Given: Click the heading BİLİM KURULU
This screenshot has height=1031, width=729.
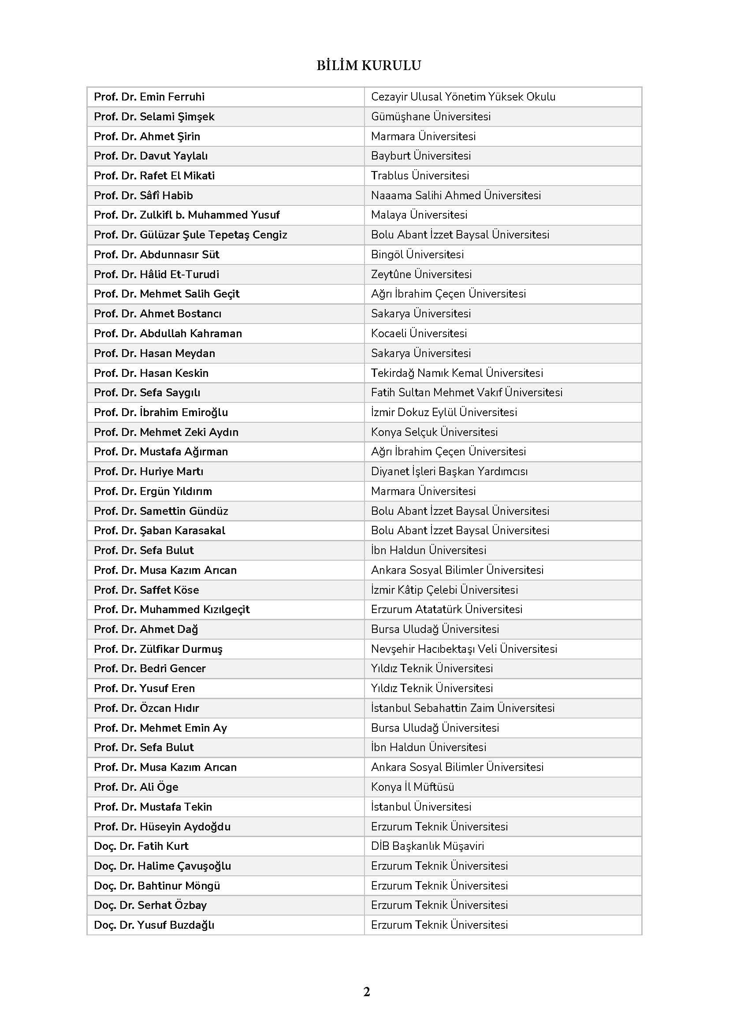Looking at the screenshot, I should pyautogui.click(x=368, y=66).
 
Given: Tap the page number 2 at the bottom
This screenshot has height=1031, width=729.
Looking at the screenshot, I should pyautogui.click(x=366, y=991).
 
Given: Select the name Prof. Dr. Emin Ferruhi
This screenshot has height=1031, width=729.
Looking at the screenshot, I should pyautogui.click(x=149, y=97).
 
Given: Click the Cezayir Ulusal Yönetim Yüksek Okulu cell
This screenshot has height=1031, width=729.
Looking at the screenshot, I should pyautogui.click(x=463, y=97).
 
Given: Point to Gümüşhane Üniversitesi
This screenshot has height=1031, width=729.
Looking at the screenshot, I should pyautogui.click(x=431, y=116).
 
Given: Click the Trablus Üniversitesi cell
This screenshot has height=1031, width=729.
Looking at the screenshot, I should pyautogui.click(x=420, y=175).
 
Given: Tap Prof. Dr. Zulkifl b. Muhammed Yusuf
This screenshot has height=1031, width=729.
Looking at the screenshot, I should pyautogui.click(x=186, y=215).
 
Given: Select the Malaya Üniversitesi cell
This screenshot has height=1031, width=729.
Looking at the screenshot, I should pyautogui.click(x=419, y=215).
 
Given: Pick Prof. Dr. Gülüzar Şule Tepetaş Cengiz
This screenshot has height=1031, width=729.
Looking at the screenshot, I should pyautogui.click(x=190, y=235).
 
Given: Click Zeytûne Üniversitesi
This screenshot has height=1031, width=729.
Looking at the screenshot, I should pyautogui.click(x=421, y=274).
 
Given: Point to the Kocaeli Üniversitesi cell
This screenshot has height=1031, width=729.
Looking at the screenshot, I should pyautogui.click(x=419, y=333).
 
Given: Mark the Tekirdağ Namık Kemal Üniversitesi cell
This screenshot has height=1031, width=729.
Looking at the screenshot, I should pyautogui.click(x=457, y=373).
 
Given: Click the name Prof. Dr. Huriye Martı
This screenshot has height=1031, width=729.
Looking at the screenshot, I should pyautogui.click(x=148, y=472).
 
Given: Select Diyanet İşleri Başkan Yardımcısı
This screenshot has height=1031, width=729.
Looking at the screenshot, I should pyautogui.click(x=449, y=472).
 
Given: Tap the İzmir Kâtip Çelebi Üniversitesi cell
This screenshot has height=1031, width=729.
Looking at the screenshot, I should pyautogui.click(x=444, y=590).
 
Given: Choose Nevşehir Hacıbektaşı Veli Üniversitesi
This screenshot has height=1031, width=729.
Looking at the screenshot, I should pyautogui.click(x=464, y=649).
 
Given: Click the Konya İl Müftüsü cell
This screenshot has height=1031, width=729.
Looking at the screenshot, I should pyautogui.click(x=412, y=787).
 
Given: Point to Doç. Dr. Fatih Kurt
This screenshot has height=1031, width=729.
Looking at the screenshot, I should pyautogui.click(x=141, y=846).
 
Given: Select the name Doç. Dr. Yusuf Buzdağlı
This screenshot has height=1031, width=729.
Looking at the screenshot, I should pyautogui.click(x=154, y=925).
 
